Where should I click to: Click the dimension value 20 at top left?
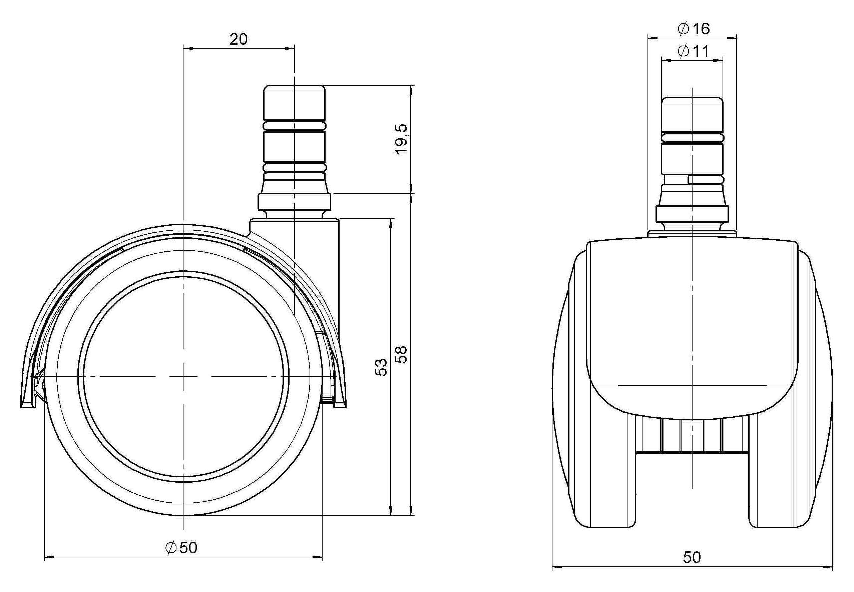238,39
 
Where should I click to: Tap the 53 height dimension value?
381,367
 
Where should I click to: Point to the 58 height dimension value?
402,355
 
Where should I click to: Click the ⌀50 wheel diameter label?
181,547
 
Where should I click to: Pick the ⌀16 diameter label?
693,29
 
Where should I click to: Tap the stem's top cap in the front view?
693,114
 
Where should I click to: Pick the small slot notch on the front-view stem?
705,180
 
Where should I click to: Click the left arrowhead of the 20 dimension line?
188,48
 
